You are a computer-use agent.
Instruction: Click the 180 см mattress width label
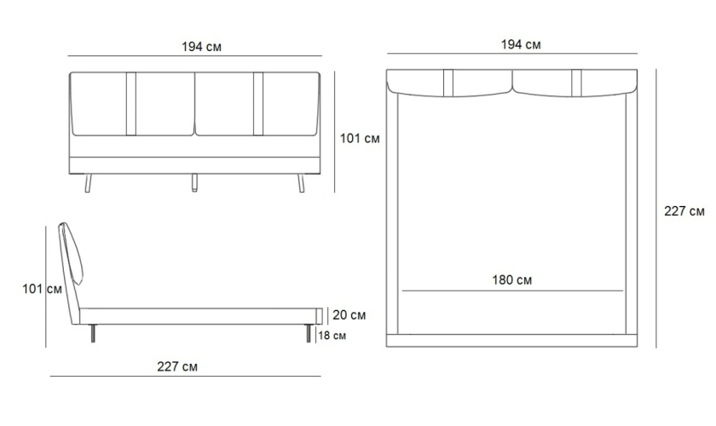pyautogui.click(x=511, y=280)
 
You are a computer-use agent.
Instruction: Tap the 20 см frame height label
pyautogui.click(x=349, y=315)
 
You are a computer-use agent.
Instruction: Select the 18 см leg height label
pyautogui.click(x=332, y=336)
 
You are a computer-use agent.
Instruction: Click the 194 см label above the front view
pyautogui.click(x=201, y=47)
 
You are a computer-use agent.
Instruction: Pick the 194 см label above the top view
pyautogui.click(x=521, y=44)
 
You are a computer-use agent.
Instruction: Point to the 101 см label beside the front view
pyautogui.click(x=360, y=138)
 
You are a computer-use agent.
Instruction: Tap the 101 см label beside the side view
pyautogui.click(x=42, y=289)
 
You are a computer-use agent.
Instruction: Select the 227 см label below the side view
pyautogui.click(x=177, y=366)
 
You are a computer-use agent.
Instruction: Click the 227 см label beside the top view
pyautogui.click(x=684, y=211)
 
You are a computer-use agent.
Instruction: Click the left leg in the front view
pyautogui.click(x=88, y=183)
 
